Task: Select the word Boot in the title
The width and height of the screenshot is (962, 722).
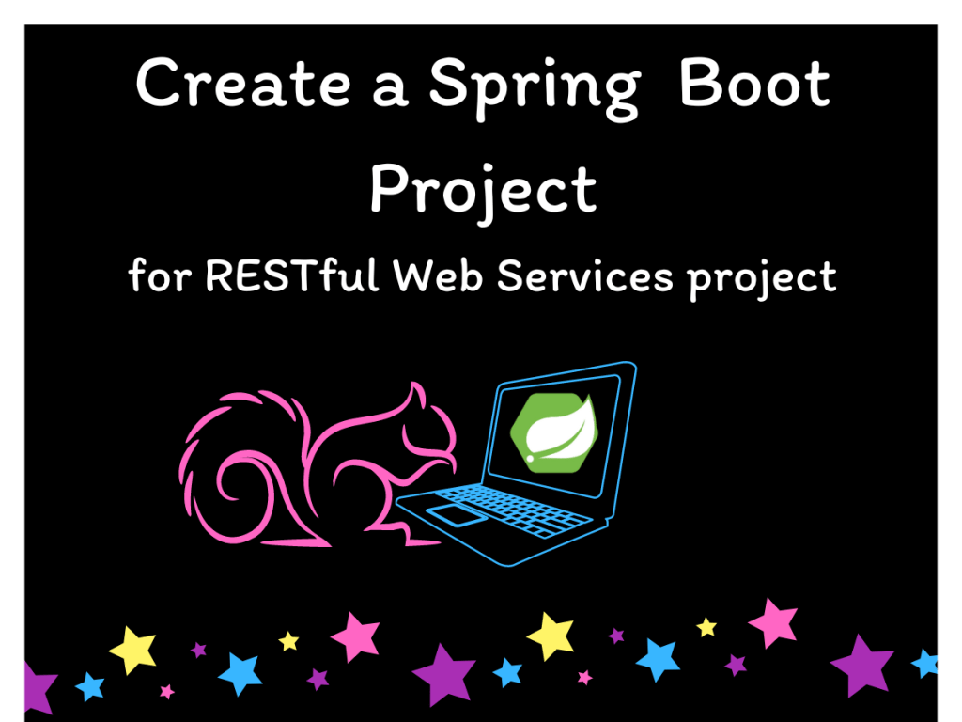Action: coord(753,84)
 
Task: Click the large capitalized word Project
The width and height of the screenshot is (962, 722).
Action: coord(484,189)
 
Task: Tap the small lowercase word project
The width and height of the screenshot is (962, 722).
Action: coord(761,279)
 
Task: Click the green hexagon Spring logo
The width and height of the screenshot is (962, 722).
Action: coord(553,432)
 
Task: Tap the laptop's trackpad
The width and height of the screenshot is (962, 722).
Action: coord(453,514)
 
